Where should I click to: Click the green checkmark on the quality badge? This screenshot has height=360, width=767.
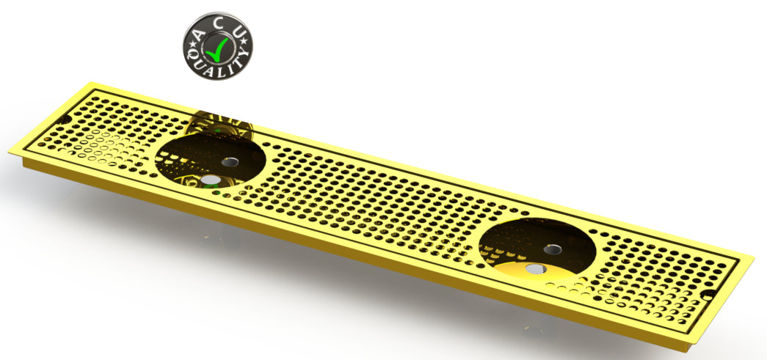pos(218,49)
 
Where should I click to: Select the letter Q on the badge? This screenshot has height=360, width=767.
pos(192,56)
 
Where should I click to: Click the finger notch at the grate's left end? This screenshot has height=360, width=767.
pos(65,119)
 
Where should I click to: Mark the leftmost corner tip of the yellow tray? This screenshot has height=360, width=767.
pos(10,153)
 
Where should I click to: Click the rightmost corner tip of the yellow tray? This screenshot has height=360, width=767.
pos(754,257)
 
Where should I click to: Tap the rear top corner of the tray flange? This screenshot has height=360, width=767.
pos(89,83)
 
